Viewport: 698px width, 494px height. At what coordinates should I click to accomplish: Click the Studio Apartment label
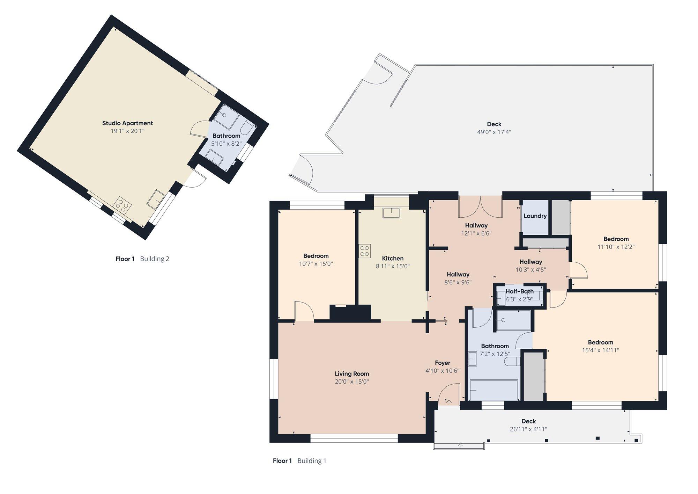(x=127, y=123)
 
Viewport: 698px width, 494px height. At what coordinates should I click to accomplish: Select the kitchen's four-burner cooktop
(x=365, y=251)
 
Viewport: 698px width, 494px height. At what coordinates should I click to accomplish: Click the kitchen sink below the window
(x=391, y=212)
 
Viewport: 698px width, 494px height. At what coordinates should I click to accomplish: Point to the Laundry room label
(x=535, y=216)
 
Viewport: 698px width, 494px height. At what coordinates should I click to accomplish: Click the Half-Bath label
(x=520, y=291)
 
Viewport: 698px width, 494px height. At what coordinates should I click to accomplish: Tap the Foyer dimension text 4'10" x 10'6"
(x=442, y=371)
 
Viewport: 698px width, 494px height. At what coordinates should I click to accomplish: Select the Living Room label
(x=352, y=373)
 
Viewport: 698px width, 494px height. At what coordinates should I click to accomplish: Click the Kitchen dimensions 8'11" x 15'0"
(x=393, y=266)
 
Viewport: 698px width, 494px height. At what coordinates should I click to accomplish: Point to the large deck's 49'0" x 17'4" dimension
(x=494, y=132)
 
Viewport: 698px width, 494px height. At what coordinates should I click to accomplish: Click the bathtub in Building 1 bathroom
(x=494, y=390)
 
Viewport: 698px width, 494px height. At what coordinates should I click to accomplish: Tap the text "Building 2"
(x=155, y=259)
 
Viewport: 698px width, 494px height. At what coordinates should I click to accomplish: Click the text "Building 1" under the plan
(x=312, y=461)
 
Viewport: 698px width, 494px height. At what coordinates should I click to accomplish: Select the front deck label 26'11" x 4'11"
(x=528, y=429)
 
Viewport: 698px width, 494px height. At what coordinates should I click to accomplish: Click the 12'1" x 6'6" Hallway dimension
(x=476, y=233)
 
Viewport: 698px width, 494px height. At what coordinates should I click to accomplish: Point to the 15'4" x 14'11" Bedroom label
(x=600, y=350)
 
